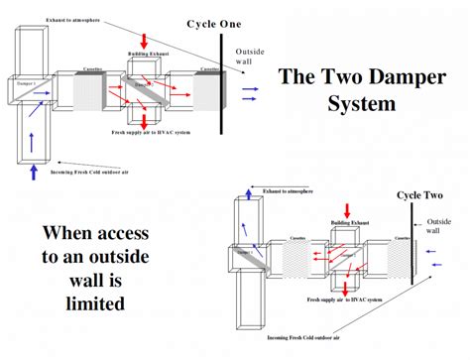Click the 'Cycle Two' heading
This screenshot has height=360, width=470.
tap(421, 195)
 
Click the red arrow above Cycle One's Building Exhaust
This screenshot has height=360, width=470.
tap(146, 39)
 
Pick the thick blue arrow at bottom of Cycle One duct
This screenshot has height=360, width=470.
tap(35, 173)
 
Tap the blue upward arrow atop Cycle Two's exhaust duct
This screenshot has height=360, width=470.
tap(241, 188)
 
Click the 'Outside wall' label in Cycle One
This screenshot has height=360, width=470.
tap(248, 58)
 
